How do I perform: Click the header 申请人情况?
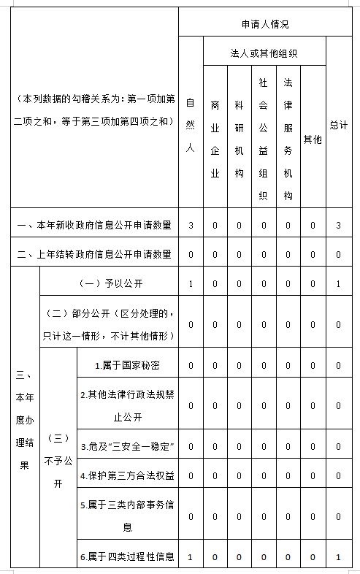click(265, 24)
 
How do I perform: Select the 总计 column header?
click(338, 125)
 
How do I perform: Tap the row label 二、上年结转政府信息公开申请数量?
click(94, 254)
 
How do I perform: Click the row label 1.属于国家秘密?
click(128, 364)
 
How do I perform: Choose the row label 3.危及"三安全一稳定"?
click(128, 445)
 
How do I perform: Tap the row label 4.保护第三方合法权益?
click(128, 475)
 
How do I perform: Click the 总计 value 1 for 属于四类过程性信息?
click(338, 557)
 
